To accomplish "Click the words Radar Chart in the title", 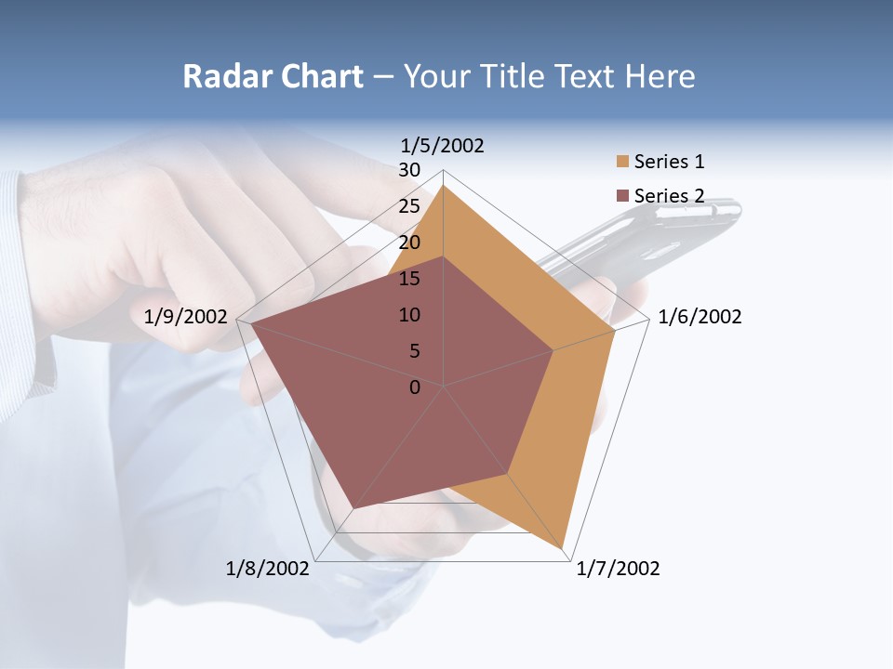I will click(273, 76).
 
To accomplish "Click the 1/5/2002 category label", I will click(442, 145).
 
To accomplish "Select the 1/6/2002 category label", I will click(700, 317).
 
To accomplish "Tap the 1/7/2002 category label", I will click(618, 569).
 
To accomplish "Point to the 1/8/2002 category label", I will click(268, 569).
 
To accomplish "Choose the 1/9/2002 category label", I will click(186, 317).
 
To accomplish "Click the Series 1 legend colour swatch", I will click(622, 162).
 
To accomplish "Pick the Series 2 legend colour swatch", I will click(622, 196).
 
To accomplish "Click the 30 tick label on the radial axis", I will click(409, 170).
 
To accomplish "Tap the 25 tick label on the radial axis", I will click(409, 206).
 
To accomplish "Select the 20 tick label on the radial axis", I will click(409, 243).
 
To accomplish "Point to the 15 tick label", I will click(409, 279).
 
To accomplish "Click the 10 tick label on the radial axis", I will click(409, 315).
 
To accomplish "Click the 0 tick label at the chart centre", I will click(415, 387).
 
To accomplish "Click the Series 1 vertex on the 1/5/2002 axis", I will click(443, 185).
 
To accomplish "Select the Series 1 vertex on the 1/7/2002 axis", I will click(563, 550).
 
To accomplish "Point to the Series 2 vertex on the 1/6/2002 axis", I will click(553, 350).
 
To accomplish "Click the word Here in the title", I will click(660, 76).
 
